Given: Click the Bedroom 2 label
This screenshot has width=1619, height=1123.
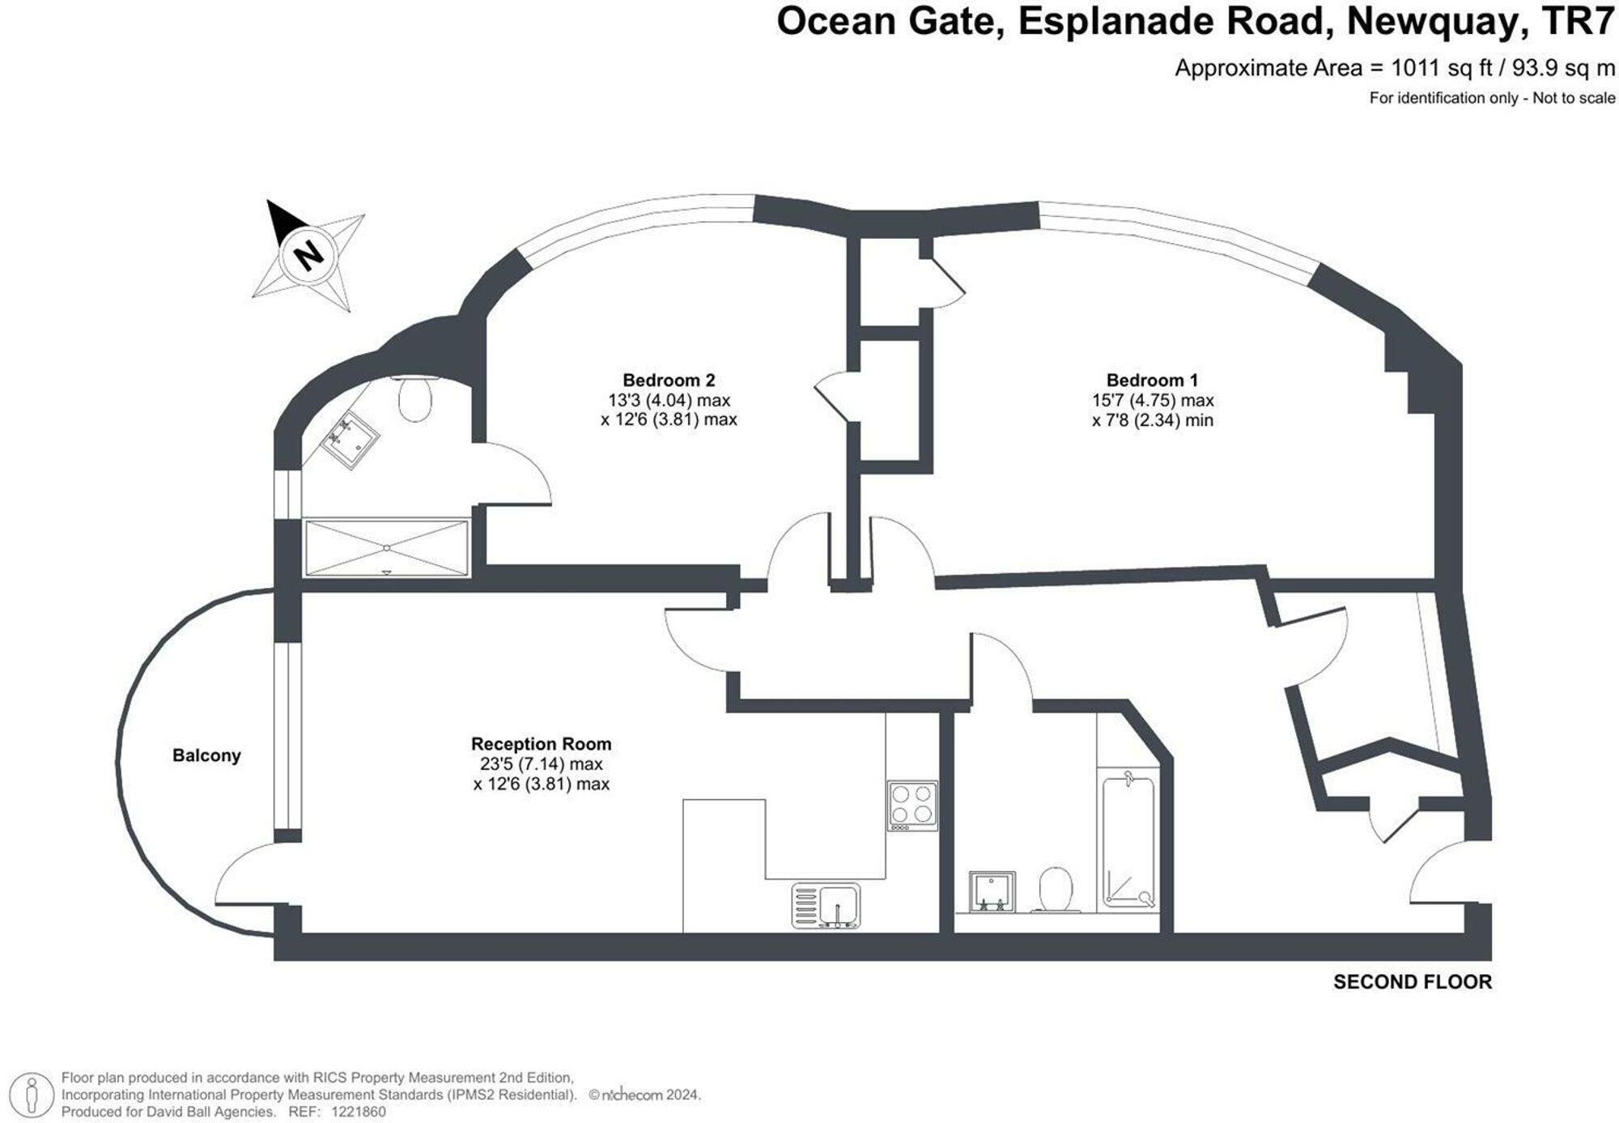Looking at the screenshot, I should (669, 380).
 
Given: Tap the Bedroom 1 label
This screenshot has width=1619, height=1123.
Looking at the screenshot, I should (1152, 380).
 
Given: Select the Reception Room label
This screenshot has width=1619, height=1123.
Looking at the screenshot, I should (541, 743).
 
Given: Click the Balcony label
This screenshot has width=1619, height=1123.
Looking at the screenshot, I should (206, 755).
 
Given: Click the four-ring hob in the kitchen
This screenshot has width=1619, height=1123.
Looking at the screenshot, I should (912, 805).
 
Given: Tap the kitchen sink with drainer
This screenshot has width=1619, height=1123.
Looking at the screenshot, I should (826, 905).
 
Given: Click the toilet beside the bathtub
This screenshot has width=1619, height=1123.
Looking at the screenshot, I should (1056, 889).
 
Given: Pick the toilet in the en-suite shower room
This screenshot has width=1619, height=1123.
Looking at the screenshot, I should (415, 399).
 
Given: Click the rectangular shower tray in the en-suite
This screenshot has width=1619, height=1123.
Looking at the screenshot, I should (386, 548).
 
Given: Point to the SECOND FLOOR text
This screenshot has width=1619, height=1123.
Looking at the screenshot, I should (1412, 982).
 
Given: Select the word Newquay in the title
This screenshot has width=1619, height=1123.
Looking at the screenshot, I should (1431, 22).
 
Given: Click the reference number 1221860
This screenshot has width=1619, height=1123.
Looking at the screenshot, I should (358, 1112).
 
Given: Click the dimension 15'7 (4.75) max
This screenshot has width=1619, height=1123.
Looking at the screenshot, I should (1152, 400).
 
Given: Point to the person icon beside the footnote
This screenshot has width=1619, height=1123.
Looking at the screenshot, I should (32, 1094).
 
